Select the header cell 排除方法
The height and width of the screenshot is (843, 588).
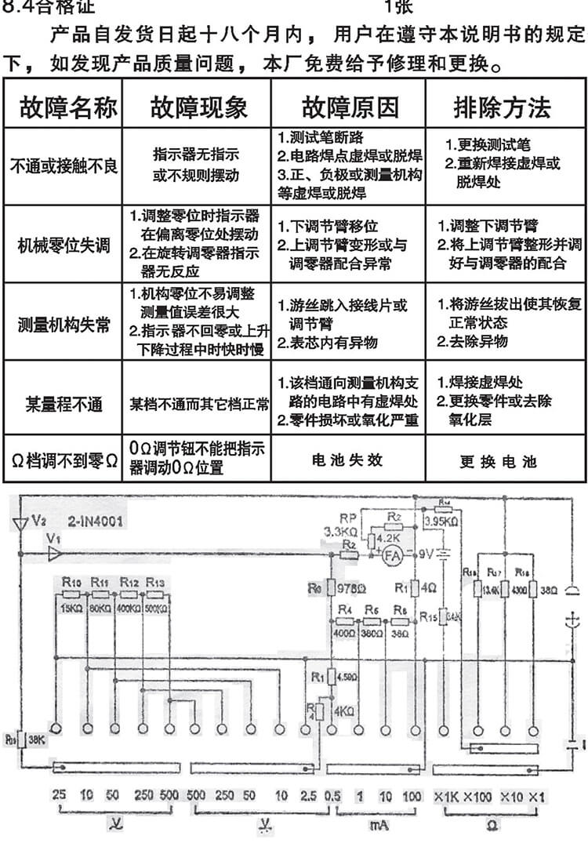[503, 107]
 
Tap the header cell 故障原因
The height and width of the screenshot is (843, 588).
[350, 107]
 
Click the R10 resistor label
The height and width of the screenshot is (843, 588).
[69, 583]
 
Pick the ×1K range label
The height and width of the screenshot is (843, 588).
[445, 796]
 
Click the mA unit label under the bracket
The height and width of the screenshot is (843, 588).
[378, 825]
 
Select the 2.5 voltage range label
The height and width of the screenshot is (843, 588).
[309, 796]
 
